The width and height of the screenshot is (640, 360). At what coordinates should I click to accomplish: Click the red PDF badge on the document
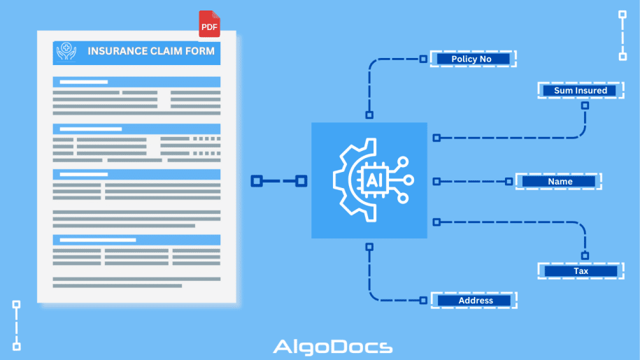[209, 25]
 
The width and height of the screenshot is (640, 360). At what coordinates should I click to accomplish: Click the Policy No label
[472, 59]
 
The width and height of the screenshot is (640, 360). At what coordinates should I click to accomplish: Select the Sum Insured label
[580, 90]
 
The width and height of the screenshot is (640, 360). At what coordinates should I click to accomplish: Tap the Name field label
[560, 181]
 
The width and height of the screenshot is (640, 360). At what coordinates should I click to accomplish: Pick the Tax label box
[581, 271]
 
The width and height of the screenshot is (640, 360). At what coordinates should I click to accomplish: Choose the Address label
[476, 301]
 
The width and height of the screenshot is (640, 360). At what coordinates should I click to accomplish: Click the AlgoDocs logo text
[332, 347]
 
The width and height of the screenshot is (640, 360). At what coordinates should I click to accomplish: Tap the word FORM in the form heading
[199, 51]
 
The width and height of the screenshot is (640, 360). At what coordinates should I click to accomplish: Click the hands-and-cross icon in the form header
[67, 52]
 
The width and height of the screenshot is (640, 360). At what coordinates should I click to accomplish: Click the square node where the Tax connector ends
[585, 255]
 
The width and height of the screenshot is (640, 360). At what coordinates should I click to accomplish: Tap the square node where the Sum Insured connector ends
[585, 105]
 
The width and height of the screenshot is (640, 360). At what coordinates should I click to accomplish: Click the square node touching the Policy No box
[423, 59]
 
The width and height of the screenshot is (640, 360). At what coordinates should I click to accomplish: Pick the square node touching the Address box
[423, 301]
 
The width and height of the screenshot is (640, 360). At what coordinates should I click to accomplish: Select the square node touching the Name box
[509, 181]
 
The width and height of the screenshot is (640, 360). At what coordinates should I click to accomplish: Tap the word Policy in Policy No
[464, 59]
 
